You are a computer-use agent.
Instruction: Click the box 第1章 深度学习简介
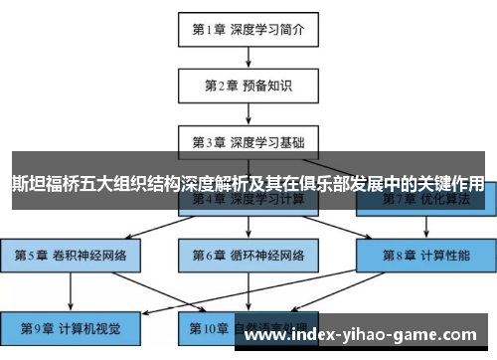(x=248, y=29)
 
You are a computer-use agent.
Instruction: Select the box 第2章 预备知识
(x=248, y=86)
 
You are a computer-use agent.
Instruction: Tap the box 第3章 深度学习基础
(x=248, y=141)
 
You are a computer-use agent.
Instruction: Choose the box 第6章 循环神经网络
(x=248, y=255)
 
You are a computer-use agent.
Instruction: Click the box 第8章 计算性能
(x=425, y=255)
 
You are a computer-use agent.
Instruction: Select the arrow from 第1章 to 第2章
(x=248, y=57)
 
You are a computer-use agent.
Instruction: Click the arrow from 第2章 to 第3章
(x=248, y=113)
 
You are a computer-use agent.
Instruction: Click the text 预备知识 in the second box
(x=267, y=86)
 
